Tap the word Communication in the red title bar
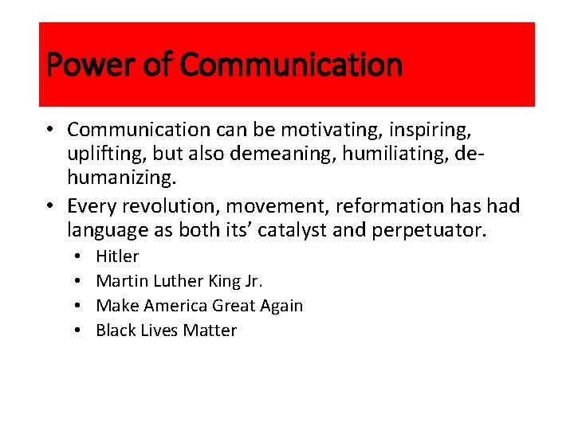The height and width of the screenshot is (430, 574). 291,64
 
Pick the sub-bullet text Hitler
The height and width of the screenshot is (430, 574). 117,256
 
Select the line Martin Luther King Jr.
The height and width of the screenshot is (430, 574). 179,281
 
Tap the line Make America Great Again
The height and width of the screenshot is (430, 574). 199,306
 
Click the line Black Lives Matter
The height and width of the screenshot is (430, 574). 166,330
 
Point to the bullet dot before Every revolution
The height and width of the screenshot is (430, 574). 49,206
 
